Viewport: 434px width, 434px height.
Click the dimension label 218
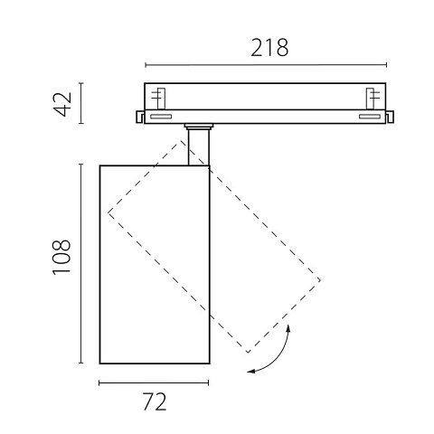pyautogui.click(x=269, y=48)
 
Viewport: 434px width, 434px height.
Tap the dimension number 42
pyautogui.click(x=63, y=104)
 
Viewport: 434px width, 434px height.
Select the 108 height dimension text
pyautogui.click(x=61, y=257)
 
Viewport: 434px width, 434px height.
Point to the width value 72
pyautogui.click(x=155, y=401)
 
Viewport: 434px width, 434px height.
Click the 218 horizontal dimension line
pyautogui.click(x=266, y=65)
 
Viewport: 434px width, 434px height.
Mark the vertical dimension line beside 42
pyautogui.click(x=81, y=103)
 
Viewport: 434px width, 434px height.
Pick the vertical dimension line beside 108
pyautogui.click(x=80, y=264)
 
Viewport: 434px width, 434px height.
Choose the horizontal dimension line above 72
pyautogui.click(x=154, y=383)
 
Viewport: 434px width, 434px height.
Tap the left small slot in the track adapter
pyautogui.click(x=161, y=117)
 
